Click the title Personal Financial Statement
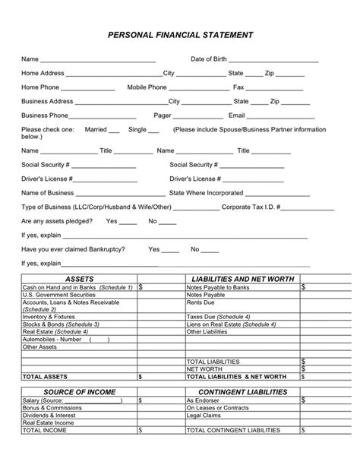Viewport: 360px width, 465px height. tap(179, 35)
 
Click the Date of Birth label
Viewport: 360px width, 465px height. tap(208, 59)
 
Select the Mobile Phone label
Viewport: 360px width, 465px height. tap(147, 87)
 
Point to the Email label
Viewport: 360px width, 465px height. tap(236, 115)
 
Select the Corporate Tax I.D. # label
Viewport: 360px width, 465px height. tap(251, 207)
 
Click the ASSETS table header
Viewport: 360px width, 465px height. tap(80, 280)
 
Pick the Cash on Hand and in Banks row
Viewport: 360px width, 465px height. tap(77, 288)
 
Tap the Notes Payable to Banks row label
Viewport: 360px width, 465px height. tap(218, 288)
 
